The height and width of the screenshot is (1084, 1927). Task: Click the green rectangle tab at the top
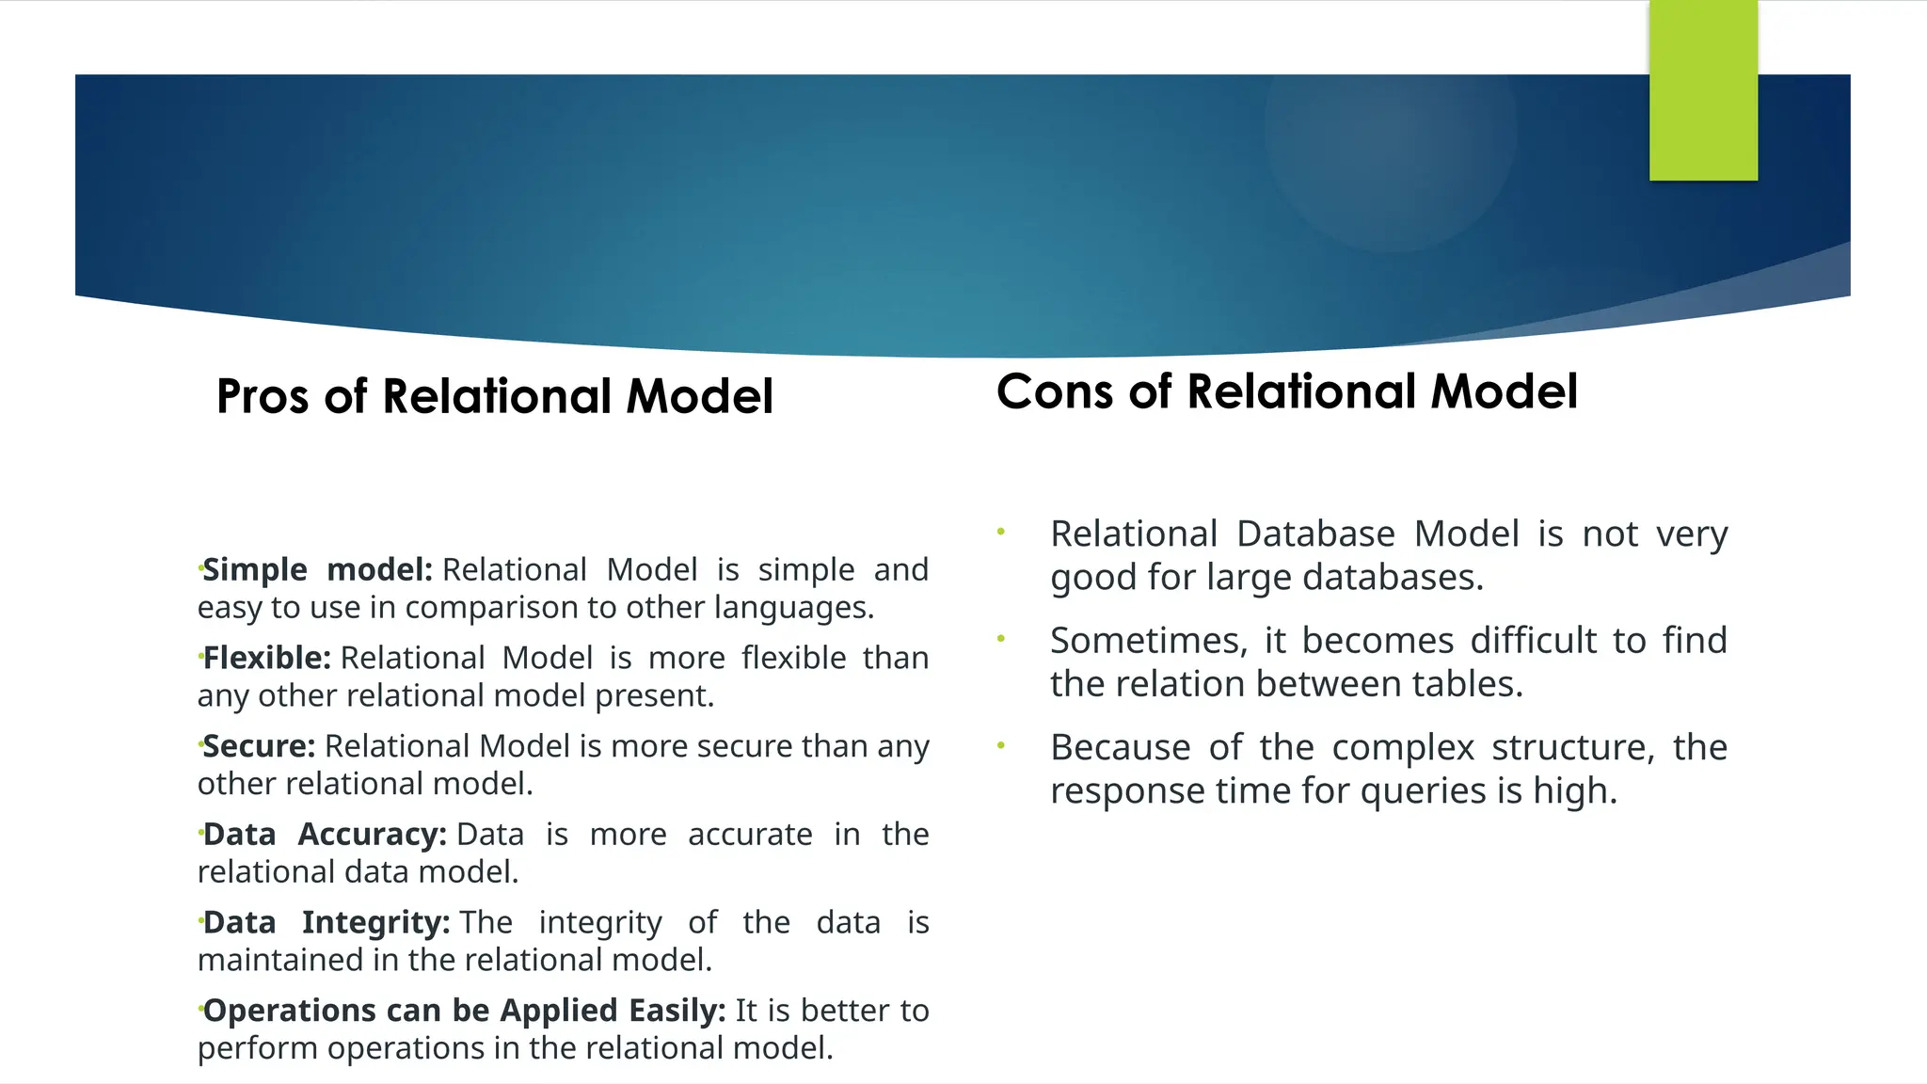pos(1703,90)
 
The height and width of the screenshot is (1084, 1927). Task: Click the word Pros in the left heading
pos(263,396)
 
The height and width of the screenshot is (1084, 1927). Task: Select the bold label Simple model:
pos(317,569)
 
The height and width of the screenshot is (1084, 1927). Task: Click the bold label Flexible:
pos(266,658)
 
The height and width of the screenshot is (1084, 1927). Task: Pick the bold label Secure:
pos(259,746)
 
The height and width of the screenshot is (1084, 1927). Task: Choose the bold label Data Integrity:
pos(326,922)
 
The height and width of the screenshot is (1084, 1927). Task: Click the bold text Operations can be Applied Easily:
pos(464,1011)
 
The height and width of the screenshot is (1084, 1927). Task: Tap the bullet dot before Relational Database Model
pos(1001,533)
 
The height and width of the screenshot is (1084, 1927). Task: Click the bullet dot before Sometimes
pos(1001,639)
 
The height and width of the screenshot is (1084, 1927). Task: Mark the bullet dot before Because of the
pos(1001,746)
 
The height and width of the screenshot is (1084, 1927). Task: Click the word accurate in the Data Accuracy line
pos(749,835)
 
